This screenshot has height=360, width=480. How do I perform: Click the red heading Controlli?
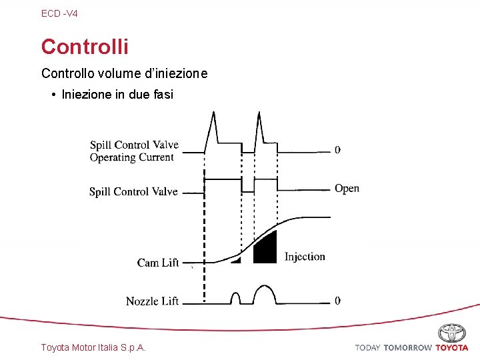85,47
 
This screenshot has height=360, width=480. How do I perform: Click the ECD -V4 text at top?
59,13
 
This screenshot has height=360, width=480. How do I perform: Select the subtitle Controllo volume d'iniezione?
124,73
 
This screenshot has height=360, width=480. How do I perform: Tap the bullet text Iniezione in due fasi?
117,95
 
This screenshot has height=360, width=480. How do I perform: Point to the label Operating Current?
131,158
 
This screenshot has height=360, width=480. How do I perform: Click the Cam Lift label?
158,263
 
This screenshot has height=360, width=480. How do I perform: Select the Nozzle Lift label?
152,301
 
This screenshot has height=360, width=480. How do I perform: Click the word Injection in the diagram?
305,257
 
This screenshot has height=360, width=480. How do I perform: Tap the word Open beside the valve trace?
347,189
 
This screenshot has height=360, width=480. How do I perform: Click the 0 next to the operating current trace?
337,150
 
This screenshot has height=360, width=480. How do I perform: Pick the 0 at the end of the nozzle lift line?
337,301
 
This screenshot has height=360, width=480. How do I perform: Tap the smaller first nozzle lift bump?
235,297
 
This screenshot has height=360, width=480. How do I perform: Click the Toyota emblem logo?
451,333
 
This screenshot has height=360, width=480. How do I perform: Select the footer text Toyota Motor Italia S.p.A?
93,347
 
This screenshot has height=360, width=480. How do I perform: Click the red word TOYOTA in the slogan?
452,347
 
